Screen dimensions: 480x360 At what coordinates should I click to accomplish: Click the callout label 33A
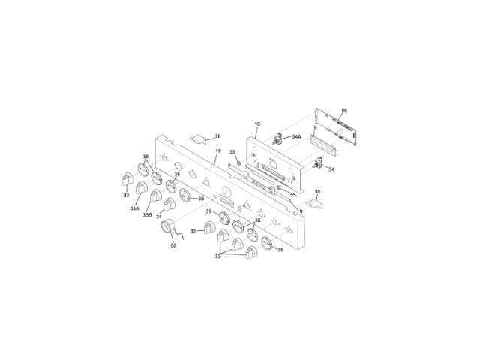[134, 209]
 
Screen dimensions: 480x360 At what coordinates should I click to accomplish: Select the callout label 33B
[148, 215]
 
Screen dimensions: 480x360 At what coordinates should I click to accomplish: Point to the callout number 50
[173, 245]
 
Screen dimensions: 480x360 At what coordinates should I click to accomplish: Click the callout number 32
[193, 231]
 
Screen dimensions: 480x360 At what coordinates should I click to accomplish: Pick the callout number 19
[218, 152]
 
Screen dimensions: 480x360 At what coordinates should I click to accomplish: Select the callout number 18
[256, 124]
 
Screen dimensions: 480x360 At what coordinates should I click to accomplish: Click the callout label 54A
[296, 137]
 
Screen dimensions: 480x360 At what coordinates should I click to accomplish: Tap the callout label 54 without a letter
[331, 170]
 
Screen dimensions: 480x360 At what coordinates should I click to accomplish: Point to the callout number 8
[316, 130]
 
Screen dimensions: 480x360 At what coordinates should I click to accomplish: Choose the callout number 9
[301, 211]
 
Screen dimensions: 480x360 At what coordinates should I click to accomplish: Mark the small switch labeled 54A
[277, 139]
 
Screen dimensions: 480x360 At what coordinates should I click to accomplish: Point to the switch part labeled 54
[318, 164]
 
